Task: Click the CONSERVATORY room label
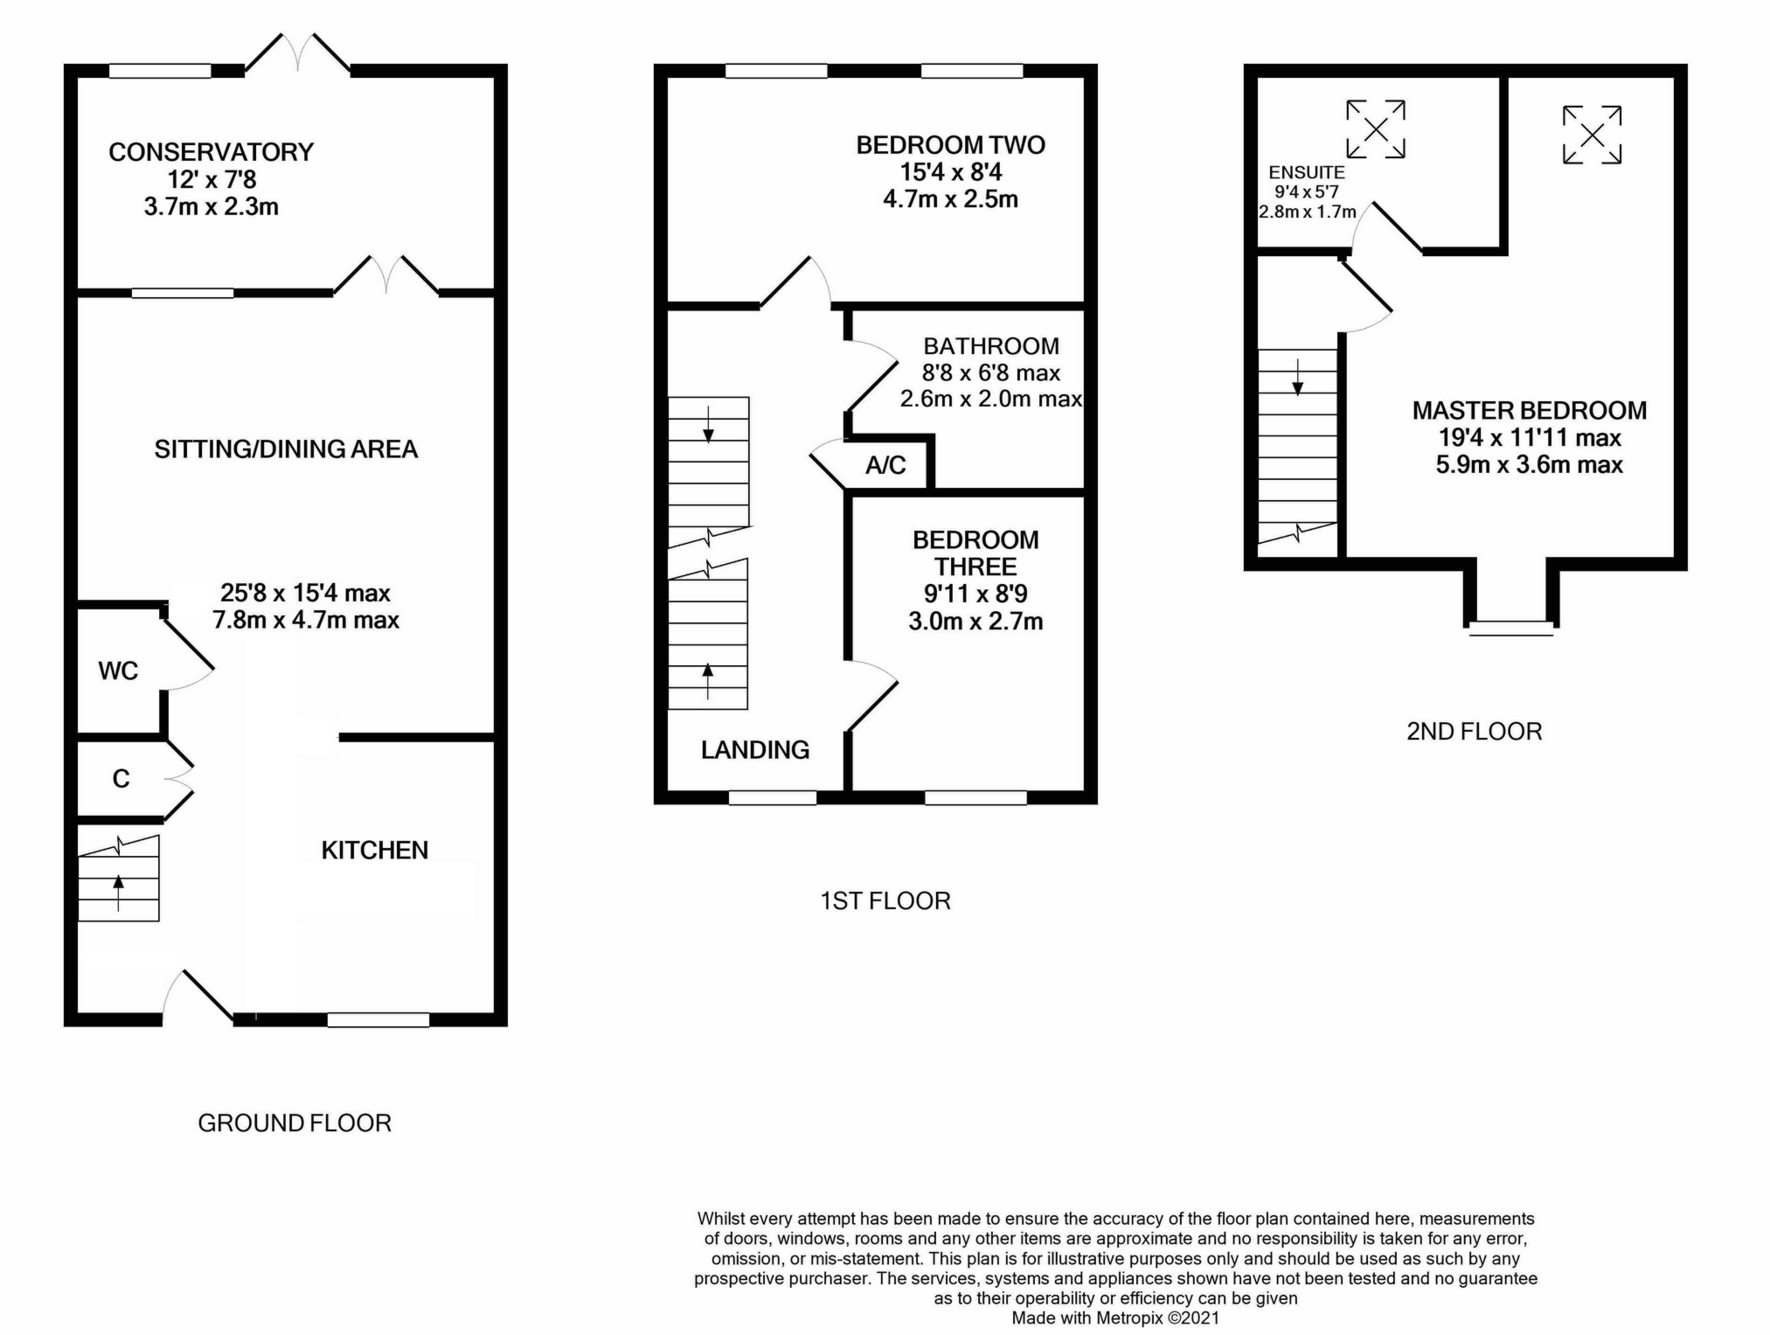pos(211,152)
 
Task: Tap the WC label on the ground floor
pos(118,671)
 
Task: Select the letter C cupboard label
pos(121,779)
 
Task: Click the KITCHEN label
pos(374,851)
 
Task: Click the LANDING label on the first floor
pos(755,750)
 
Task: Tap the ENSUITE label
pos(1307,173)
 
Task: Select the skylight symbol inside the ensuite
pos(1376,129)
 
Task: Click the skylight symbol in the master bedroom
pos(1592,135)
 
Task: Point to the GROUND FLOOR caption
pos(295,1123)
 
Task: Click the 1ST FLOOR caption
pos(885,901)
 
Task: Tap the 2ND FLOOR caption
pos(1474,732)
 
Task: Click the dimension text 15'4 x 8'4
pos(950,172)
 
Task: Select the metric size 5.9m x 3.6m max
pos(1529,465)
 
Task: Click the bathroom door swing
pos(872,376)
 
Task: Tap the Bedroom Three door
pos(872,696)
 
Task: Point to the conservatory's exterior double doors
pos(298,52)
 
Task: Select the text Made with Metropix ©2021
pos(1114,1318)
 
